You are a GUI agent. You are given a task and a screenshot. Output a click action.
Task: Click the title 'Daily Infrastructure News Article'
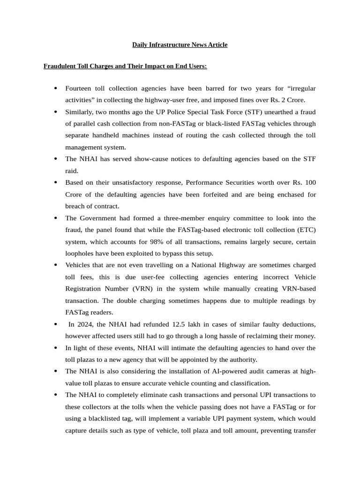[x=180, y=45]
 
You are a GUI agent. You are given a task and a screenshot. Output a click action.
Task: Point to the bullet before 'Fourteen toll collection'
[x=56, y=88]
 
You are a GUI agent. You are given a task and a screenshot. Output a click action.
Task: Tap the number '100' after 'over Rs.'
[x=310, y=182]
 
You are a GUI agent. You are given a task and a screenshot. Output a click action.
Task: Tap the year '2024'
[x=85, y=324]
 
